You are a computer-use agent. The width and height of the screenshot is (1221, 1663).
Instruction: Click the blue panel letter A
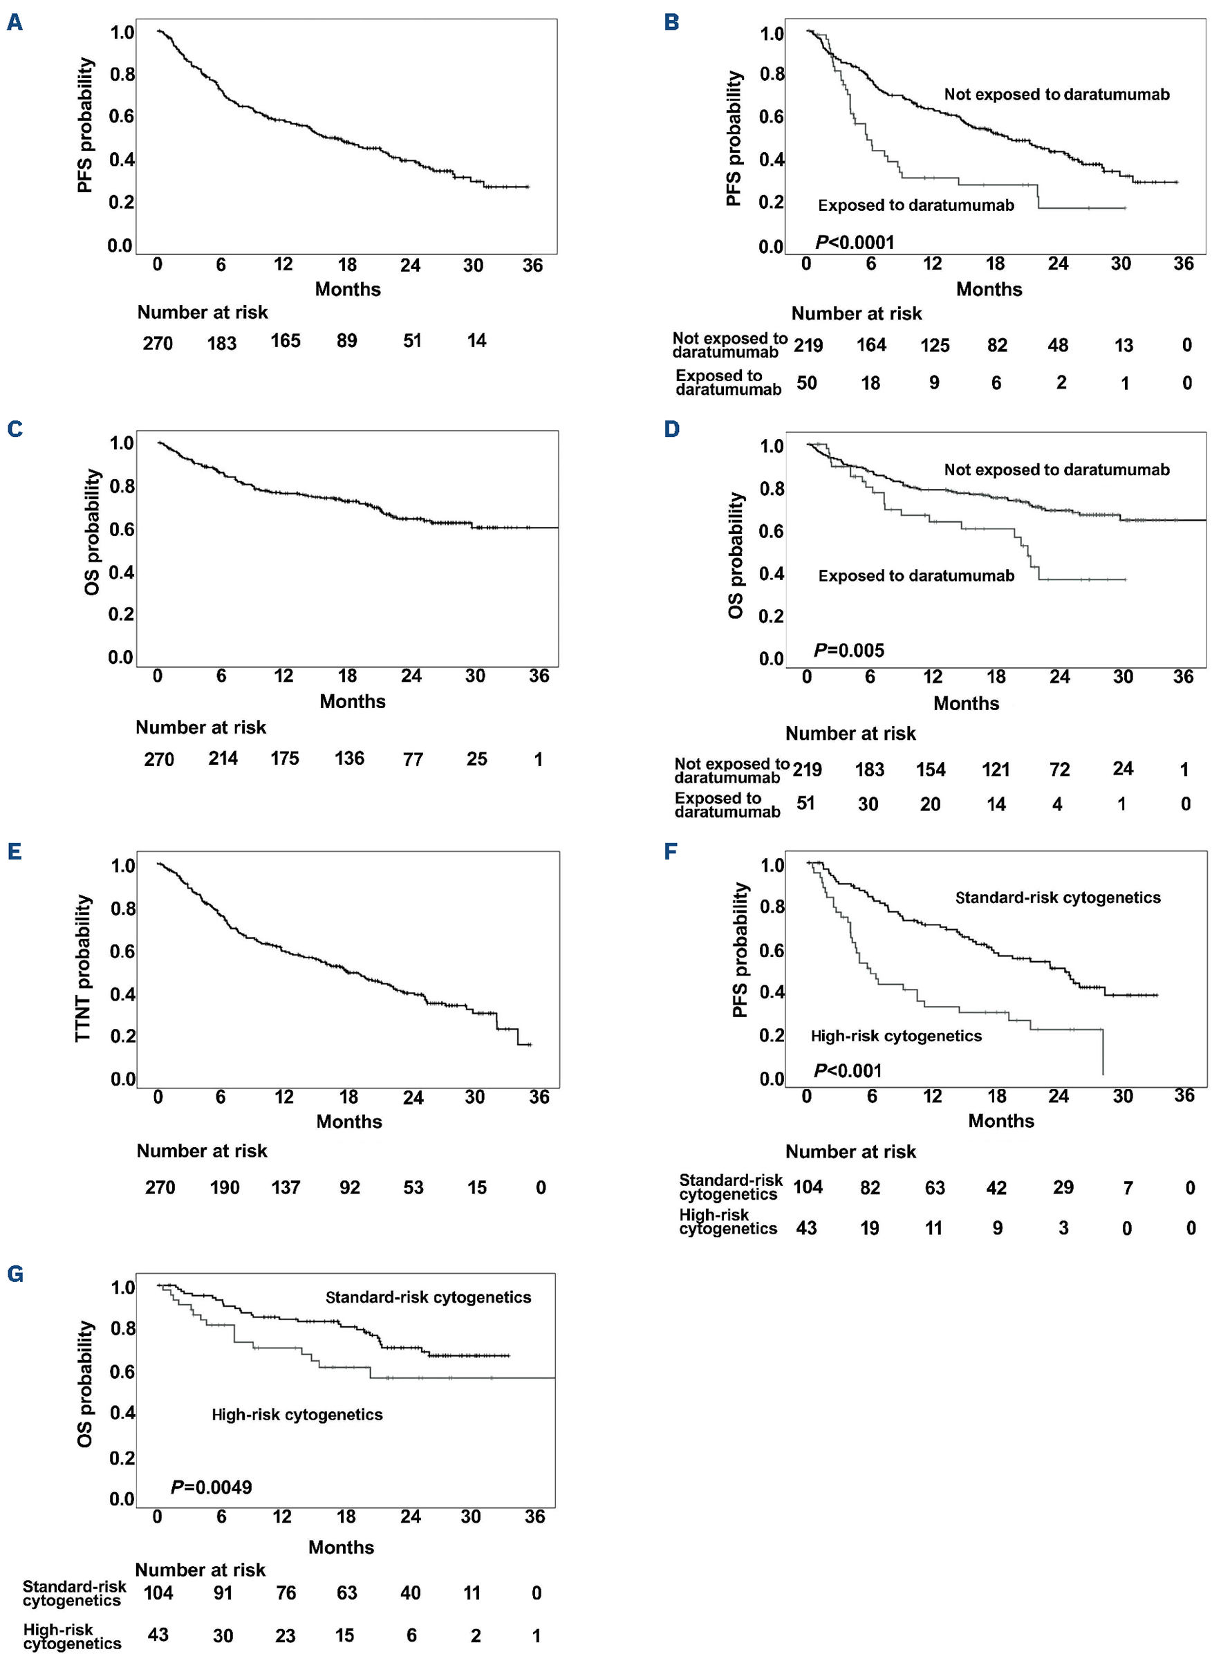(15, 23)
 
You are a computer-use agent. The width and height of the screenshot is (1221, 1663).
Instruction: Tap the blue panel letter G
(15, 1274)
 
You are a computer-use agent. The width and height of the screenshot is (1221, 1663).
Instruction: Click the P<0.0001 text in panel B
(855, 243)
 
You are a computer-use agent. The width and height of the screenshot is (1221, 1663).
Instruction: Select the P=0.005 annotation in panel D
(848, 651)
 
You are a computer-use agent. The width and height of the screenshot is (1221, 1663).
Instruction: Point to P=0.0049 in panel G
(212, 1487)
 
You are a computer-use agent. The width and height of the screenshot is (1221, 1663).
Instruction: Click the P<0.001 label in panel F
(848, 1070)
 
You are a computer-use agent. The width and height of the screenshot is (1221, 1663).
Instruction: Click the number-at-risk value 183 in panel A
(222, 343)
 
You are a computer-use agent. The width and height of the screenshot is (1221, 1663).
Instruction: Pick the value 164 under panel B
(871, 345)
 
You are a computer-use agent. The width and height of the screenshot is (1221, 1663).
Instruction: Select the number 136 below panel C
(349, 759)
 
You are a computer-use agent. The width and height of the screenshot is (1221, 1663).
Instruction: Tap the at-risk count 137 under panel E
(286, 1188)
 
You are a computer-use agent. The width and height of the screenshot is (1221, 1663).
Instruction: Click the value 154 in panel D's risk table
(931, 770)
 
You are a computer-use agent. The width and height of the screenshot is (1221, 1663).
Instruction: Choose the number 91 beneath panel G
(223, 1592)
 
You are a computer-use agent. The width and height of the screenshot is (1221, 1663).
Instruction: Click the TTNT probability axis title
(84, 968)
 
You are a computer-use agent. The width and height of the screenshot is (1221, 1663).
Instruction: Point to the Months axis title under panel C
(353, 701)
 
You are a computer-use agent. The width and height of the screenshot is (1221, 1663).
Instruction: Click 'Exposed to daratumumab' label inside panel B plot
(915, 205)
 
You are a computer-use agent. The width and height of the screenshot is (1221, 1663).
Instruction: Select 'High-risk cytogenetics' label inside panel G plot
(297, 1415)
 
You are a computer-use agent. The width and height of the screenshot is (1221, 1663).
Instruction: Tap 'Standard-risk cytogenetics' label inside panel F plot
(1058, 898)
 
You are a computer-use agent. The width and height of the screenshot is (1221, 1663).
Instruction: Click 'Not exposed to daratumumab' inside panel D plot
(1057, 470)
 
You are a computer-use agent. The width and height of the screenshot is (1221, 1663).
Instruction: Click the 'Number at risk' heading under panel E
(202, 1151)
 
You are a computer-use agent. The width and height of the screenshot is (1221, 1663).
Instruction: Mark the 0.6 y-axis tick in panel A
(122, 117)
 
